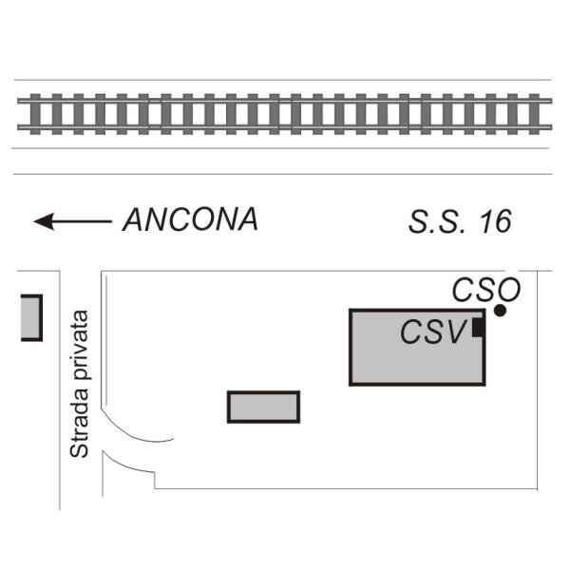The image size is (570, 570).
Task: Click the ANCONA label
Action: (x=190, y=219)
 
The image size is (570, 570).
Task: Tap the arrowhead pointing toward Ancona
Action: (x=44, y=221)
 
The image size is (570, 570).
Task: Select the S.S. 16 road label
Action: (x=460, y=221)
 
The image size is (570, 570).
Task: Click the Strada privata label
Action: (x=79, y=384)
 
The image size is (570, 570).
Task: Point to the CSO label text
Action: (x=486, y=290)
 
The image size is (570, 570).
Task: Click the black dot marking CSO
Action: (x=501, y=311)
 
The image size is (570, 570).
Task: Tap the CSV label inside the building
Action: (x=432, y=332)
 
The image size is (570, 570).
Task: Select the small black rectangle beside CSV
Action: (x=478, y=327)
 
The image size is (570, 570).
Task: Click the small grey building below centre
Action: (x=263, y=407)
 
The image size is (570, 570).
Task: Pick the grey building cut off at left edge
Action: (x=31, y=317)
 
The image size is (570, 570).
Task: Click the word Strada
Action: (x=79, y=424)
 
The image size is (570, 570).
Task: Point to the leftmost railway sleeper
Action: (x=35, y=114)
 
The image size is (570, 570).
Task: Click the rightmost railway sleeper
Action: (x=534, y=114)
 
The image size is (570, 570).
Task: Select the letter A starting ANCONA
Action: (x=134, y=220)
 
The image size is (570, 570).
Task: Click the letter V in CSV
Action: (x=455, y=332)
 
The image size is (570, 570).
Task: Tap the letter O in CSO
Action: (x=508, y=290)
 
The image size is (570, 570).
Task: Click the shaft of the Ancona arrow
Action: (x=83, y=221)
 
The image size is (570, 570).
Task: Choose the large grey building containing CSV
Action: (x=417, y=347)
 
